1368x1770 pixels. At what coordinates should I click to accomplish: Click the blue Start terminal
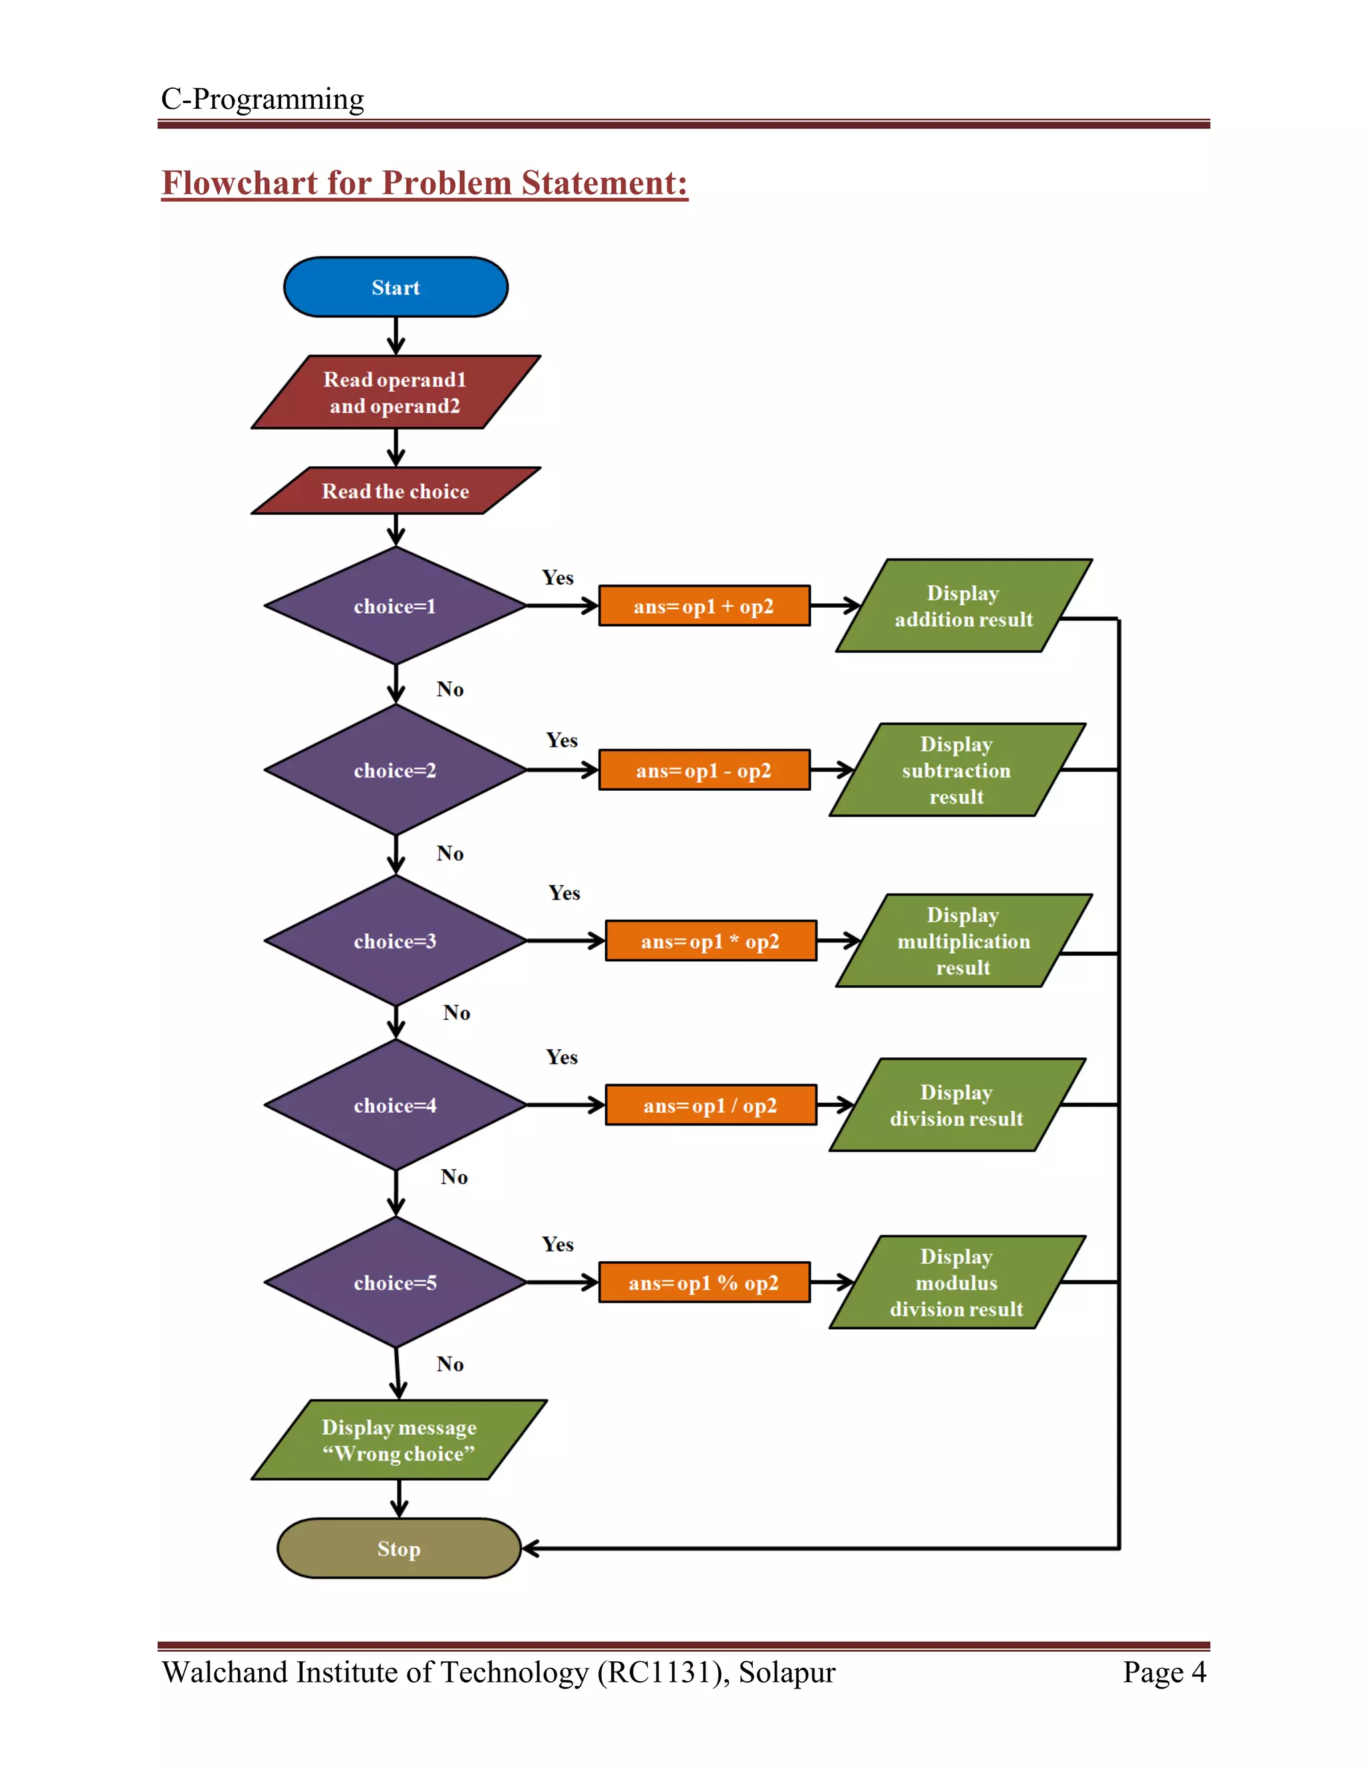(395, 287)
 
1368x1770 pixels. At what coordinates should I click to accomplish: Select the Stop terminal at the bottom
(398, 1548)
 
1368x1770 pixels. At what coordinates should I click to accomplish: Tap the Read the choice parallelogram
(395, 490)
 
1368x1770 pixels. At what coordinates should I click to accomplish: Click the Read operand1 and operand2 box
(395, 392)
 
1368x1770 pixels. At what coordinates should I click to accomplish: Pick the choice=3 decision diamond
(395, 941)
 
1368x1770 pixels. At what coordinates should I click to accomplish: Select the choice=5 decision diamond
(395, 1282)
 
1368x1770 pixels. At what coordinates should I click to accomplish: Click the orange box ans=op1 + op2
(703, 606)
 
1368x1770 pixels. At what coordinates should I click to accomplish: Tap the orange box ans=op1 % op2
(703, 1282)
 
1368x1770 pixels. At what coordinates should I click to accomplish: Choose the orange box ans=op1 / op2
(710, 1105)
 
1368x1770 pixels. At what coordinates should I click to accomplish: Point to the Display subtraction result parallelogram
(957, 770)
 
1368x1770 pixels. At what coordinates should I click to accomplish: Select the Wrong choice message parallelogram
(399, 1440)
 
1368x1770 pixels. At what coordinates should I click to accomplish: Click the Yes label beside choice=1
(558, 578)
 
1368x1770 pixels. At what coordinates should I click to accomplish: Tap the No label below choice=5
(450, 1364)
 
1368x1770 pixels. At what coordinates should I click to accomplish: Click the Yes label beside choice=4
(562, 1057)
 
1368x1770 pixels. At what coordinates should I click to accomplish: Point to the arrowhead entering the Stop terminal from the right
(530, 1549)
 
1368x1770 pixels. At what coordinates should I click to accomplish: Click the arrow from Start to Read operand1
(395, 335)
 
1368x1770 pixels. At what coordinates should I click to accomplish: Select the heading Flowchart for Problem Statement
(425, 183)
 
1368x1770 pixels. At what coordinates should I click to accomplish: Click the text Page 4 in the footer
(1164, 1672)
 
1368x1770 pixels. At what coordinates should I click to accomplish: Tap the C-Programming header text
(263, 99)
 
